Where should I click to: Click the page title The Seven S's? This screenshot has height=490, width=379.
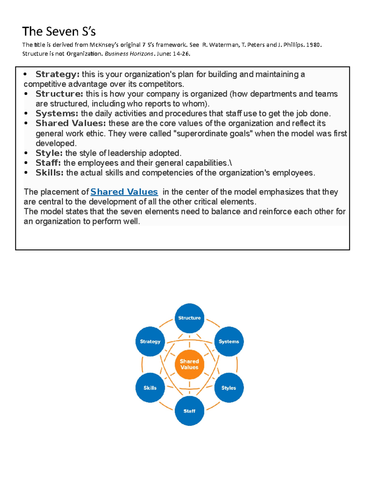[59, 32]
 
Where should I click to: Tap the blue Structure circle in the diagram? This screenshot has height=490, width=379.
[189, 318]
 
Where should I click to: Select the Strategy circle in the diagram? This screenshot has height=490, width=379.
[150, 341]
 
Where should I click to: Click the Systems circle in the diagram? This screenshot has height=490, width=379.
[229, 341]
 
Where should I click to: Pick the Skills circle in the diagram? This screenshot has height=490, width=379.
[150, 388]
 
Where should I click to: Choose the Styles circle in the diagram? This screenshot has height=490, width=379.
[229, 388]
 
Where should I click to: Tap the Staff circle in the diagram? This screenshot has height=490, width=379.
[189, 411]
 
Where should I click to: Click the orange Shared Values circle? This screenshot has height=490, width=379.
[189, 364]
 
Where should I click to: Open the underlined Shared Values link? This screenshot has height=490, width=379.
[124, 192]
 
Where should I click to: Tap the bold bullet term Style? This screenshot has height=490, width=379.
[49, 153]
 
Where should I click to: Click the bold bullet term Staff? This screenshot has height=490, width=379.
[48, 163]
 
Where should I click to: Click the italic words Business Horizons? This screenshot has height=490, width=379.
[129, 54]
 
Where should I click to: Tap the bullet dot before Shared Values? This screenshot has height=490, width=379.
[26, 123]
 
